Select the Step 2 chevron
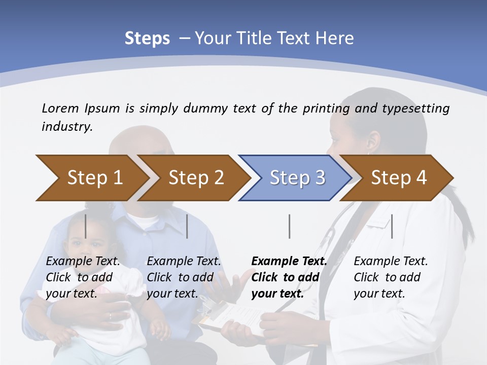click(195, 178)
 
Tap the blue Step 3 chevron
click(297, 178)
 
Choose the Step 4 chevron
click(398, 178)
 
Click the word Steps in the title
click(147, 39)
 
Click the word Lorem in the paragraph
click(60, 108)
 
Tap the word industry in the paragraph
click(66, 126)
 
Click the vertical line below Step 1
click(85, 226)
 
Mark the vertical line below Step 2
click(187, 226)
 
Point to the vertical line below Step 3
click(289, 226)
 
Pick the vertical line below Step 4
click(392, 226)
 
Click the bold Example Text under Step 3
click(289, 262)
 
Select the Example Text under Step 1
click(83, 262)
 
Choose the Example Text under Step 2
click(184, 262)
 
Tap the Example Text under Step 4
click(391, 262)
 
